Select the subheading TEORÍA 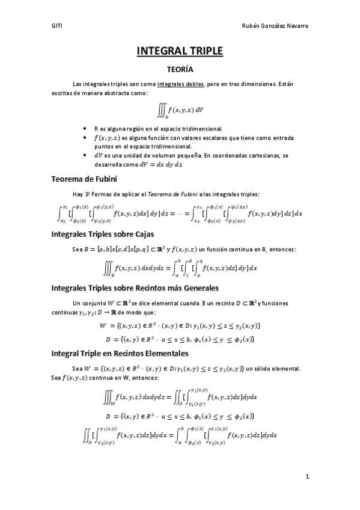[x=180, y=70]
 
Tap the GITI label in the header [x=57, y=26]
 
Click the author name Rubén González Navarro [x=275, y=26]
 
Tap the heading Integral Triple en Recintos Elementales [x=120, y=353]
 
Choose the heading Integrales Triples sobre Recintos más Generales [x=135, y=287]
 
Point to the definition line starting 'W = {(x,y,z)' [x=180, y=326]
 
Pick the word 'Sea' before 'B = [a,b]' [x=77, y=248]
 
